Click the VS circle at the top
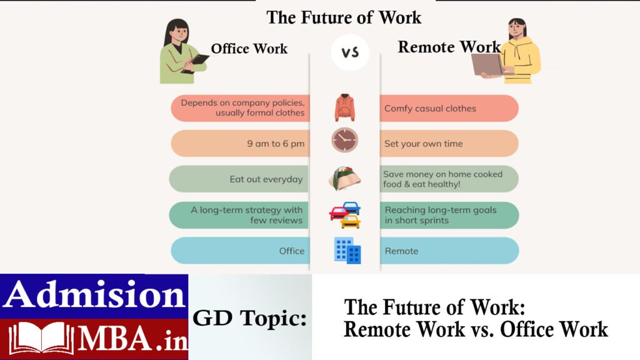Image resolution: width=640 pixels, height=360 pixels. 350,52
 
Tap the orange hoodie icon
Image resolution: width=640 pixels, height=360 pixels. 344,107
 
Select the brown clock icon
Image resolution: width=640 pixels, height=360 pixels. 345,140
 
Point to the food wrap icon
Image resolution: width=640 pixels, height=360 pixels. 344,178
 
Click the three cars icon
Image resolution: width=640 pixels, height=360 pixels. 345,215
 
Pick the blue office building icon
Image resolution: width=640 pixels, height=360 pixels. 347,251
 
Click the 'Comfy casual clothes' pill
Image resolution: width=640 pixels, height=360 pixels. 449,109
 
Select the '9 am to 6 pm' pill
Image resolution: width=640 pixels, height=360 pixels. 241,144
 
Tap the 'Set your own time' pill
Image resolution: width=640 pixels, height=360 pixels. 449,144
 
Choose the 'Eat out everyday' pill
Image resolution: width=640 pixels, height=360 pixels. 239,179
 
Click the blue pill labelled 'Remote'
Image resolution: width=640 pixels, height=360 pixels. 449,251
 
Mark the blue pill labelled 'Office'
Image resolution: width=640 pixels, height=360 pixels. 241,251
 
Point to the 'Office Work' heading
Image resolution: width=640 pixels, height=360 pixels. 249,49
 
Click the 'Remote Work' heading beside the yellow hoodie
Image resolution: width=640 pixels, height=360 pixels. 449,47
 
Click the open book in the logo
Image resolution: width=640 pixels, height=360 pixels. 41,337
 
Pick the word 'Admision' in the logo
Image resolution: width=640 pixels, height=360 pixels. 94,294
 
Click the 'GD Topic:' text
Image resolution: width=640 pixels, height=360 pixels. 249,318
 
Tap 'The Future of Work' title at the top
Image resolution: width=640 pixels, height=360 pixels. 344,17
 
